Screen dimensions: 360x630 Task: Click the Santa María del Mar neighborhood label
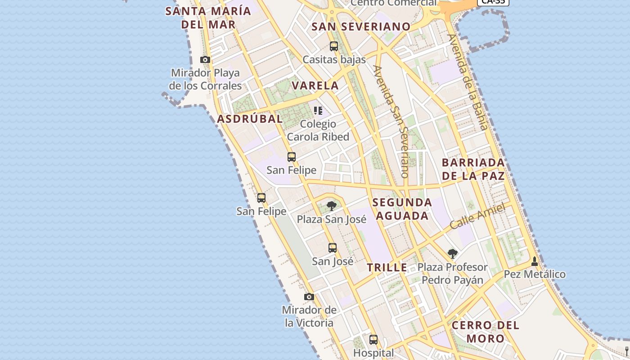208,18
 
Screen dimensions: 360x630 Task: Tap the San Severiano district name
361,27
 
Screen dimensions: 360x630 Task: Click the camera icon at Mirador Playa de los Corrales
205,59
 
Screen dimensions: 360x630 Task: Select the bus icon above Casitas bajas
333,46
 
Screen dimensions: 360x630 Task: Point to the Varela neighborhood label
315,85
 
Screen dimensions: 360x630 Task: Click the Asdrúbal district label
250,119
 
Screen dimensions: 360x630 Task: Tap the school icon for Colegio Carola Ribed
318,111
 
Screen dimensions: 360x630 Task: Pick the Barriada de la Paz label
473,169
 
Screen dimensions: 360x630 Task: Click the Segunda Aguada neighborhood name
402,209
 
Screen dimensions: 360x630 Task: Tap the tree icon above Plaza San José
332,206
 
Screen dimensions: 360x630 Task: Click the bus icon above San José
333,247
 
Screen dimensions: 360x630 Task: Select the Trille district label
387,268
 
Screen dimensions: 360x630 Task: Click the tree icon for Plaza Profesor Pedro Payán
453,254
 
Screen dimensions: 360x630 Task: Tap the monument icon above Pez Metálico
535,261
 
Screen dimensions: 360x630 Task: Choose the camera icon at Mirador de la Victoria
309,297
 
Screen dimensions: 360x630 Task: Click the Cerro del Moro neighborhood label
485,332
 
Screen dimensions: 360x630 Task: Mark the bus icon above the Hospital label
373,339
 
